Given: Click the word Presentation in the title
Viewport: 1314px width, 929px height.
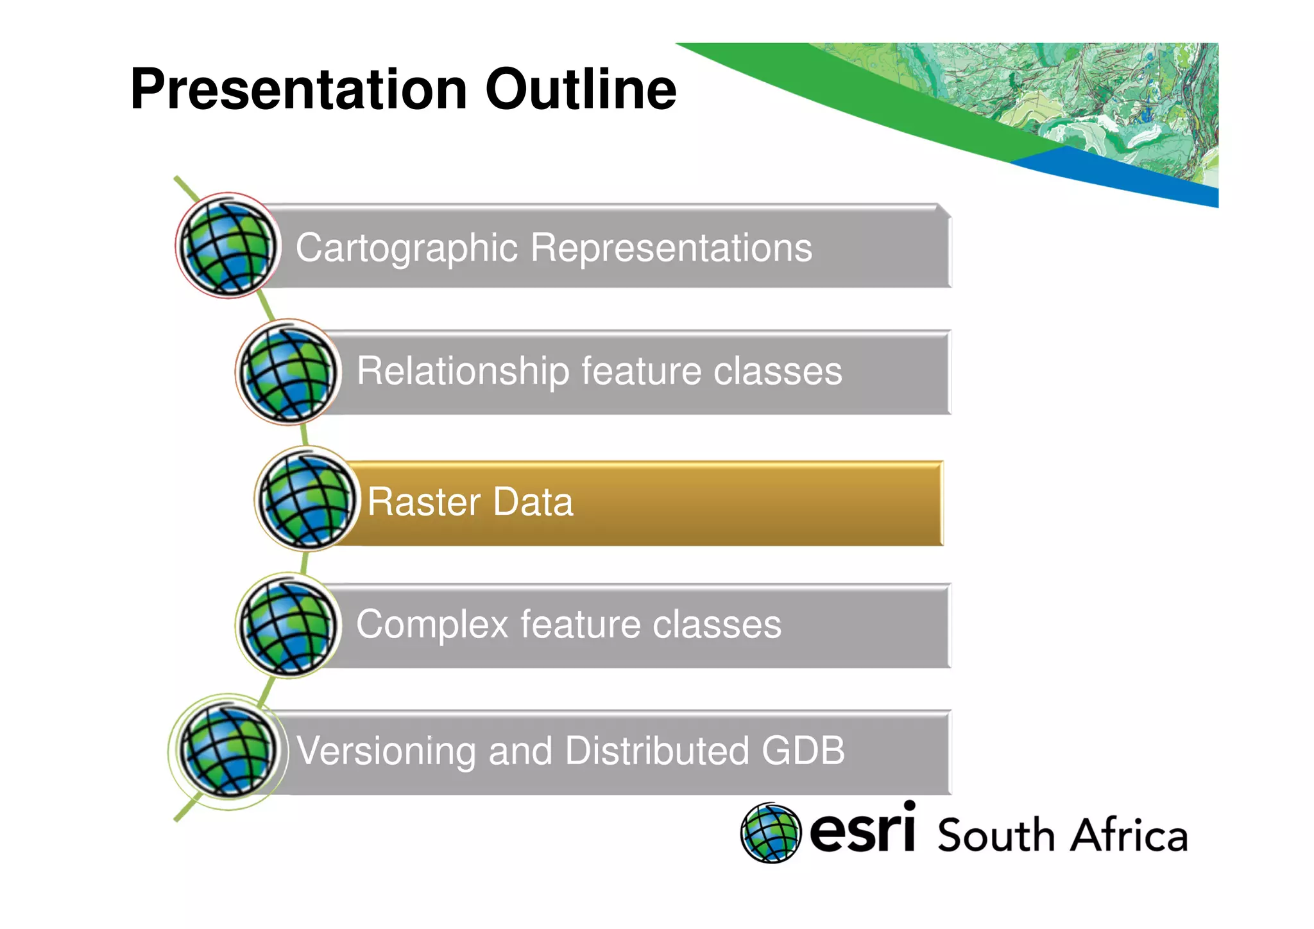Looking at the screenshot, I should (298, 90).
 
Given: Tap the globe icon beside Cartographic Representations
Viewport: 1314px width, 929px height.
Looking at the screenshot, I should (228, 247).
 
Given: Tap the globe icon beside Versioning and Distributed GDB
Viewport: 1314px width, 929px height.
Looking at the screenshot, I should (228, 751).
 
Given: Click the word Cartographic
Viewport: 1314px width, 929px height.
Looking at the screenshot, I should (406, 248).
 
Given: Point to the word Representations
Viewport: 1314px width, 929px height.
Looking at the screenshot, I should (671, 248).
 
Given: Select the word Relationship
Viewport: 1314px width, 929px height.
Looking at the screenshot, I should (463, 372).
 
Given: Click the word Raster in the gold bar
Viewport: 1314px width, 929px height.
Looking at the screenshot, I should (423, 502).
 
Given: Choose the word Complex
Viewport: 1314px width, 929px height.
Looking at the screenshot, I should (432, 625).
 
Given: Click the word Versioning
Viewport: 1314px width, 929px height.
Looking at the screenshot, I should (386, 751).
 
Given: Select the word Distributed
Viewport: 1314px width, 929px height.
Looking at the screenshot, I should (657, 751).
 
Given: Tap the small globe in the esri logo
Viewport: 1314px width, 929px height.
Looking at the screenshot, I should (771, 833).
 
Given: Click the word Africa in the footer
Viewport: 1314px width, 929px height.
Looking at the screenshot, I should (1129, 835).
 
